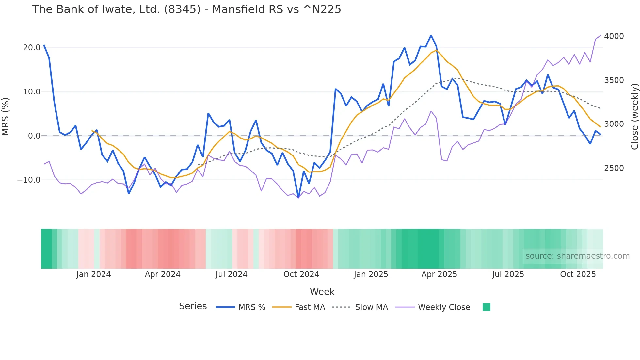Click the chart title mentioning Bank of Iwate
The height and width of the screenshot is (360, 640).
click(x=186, y=9)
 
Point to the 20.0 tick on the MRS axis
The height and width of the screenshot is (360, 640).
click(x=32, y=48)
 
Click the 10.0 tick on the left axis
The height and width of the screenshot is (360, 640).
click(x=32, y=92)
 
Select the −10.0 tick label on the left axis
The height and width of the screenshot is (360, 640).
click(x=29, y=180)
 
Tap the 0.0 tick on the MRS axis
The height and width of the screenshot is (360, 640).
click(x=34, y=136)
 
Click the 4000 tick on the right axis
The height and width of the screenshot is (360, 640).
click(x=614, y=36)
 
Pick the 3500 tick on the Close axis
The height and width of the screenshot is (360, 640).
click(x=614, y=80)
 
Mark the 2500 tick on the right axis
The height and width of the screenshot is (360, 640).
click(x=614, y=168)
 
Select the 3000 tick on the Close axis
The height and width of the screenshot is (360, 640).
click(x=614, y=124)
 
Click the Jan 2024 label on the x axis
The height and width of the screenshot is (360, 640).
click(x=94, y=274)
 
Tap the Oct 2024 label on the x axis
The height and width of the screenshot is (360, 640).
click(x=301, y=274)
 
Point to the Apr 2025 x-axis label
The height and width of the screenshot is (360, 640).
click(x=439, y=274)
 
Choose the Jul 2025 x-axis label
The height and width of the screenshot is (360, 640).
click(x=508, y=274)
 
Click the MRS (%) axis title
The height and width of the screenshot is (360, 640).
click(x=6, y=117)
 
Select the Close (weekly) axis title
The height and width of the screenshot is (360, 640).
click(x=634, y=117)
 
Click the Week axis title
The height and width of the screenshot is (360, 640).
click(x=322, y=292)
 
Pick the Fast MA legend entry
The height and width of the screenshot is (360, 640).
click(x=310, y=307)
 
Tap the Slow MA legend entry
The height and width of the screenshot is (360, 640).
click(x=371, y=307)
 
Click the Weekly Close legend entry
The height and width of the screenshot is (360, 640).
click(x=444, y=307)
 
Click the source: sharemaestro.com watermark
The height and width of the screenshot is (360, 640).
click(x=577, y=256)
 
